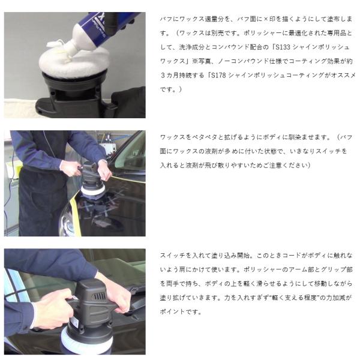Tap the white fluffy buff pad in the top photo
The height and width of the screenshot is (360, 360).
point(74,62)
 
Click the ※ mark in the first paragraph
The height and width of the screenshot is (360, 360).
point(194,61)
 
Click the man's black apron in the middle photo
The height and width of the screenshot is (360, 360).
point(41,200)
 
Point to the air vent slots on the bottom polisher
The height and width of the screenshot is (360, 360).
point(99,296)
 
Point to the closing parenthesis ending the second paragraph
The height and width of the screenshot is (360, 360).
point(309,166)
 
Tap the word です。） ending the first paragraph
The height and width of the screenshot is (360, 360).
point(171,89)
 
